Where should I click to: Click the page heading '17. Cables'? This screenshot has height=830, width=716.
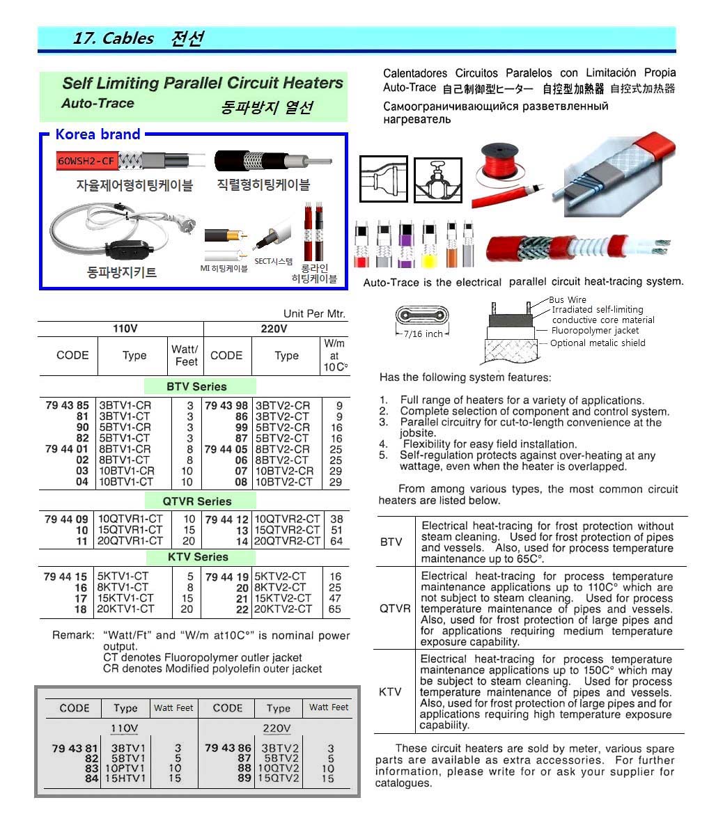coord(113,38)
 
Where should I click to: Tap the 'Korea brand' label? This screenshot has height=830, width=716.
coord(98,134)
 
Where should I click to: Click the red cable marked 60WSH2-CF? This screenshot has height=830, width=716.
coord(86,162)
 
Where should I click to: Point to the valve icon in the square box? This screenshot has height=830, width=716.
coord(438,180)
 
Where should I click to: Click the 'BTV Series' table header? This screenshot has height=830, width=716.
coord(196,386)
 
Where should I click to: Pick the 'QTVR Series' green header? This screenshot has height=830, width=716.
coord(196,501)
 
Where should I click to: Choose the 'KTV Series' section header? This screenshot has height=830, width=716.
coord(198,557)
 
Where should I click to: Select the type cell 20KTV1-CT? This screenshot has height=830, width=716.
coord(126,609)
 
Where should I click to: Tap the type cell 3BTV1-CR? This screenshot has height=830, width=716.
coord(125,405)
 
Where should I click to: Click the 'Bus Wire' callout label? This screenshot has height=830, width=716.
coord(567,300)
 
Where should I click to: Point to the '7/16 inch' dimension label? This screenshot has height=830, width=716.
coord(423,334)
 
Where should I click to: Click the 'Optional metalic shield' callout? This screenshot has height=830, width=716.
coord(598,343)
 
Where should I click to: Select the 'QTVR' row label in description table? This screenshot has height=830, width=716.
coord(394,609)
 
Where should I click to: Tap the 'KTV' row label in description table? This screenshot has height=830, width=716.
coord(390,691)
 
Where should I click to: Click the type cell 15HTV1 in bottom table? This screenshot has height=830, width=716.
coord(126,778)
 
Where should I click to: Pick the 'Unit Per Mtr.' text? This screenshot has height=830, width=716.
coord(314,314)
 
